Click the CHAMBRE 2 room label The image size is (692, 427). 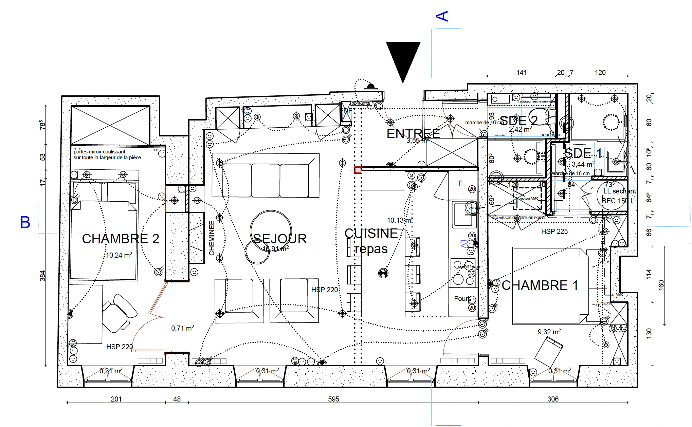pyautogui.click(x=121, y=239)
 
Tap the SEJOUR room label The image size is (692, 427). pyautogui.click(x=280, y=239)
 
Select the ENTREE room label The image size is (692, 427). pyautogui.click(x=413, y=134)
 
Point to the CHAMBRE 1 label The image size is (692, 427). pyautogui.click(x=540, y=285)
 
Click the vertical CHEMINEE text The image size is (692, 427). pyautogui.click(x=212, y=238)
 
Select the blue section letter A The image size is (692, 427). pyautogui.click(x=442, y=16)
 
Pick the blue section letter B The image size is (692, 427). pyautogui.click(x=25, y=222)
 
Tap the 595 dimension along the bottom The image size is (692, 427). pyautogui.click(x=333, y=399)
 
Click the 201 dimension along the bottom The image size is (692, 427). pyautogui.click(x=116, y=399)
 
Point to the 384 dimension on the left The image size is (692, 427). pyautogui.click(x=42, y=276)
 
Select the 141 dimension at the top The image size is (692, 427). pyautogui.click(x=522, y=72)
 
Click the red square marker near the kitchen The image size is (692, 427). pyautogui.click(x=358, y=170)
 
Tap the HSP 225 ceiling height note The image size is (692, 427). pyautogui.click(x=554, y=231)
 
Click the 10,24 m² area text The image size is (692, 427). pyautogui.click(x=119, y=255)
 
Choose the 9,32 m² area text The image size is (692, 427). pyautogui.click(x=549, y=332)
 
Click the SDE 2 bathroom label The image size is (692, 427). pyautogui.click(x=518, y=120)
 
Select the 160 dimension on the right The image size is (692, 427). pyautogui.click(x=661, y=285)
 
